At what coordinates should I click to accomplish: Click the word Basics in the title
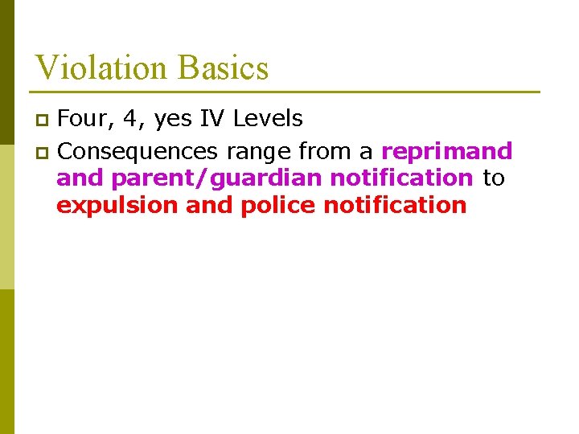pos(224,68)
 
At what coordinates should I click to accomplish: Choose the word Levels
pos(267,119)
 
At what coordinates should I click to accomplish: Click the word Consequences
pos(138,151)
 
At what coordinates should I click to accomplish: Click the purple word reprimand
pos(446,151)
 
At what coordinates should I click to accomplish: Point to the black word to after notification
pos(493,178)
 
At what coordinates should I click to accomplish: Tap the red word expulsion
pos(117,206)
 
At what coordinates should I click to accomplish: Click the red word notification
pos(394,205)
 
